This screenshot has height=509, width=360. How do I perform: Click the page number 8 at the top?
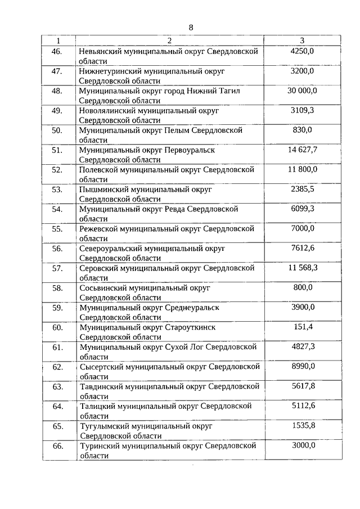point(191,27)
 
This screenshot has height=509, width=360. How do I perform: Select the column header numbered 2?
point(169,40)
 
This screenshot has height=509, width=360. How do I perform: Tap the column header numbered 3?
point(303,40)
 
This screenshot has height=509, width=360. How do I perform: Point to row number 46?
point(57,51)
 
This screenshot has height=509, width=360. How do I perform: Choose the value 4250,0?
point(303,51)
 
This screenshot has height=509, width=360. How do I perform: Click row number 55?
point(57,228)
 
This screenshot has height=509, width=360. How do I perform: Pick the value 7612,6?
point(303,248)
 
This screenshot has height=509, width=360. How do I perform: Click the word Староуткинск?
point(190,327)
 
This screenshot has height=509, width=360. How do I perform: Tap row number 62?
point(57,367)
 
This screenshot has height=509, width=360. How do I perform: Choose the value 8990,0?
point(303,366)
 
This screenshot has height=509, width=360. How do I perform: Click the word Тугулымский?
point(103,426)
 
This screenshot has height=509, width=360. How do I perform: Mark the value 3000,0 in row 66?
point(303,445)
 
